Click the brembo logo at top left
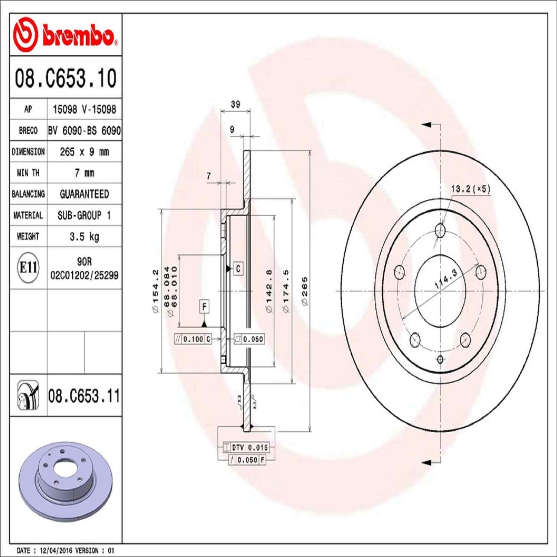point(65,35)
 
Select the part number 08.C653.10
point(65,78)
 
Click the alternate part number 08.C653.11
point(84,396)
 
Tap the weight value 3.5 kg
point(84,237)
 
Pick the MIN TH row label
point(28,173)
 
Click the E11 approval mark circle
point(28,267)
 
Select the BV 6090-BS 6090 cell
point(84,130)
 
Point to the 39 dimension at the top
point(235,104)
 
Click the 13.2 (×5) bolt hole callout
point(470,189)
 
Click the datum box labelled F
point(204,307)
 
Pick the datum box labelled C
point(238,268)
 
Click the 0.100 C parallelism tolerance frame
point(193,339)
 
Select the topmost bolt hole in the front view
point(440,230)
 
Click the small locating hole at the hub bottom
point(440,359)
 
